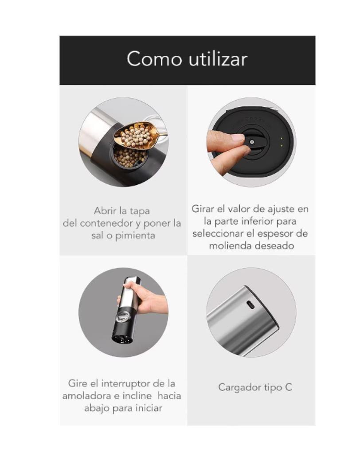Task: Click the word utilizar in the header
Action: click(x=217, y=59)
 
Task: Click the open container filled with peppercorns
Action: click(x=129, y=157)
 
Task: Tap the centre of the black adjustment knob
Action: click(x=252, y=142)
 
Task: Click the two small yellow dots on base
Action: click(x=281, y=142)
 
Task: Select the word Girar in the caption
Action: click(x=203, y=208)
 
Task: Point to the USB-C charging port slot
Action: click(x=250, y=305)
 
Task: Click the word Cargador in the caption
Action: click(x=238, y=387)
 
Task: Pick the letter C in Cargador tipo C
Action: click(x=289, y=387)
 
